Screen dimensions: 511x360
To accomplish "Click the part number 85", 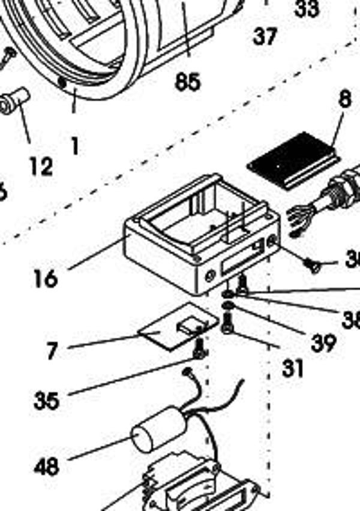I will pos(187,81).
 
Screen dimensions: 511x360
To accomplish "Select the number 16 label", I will pos(46,278).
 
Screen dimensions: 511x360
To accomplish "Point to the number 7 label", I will pos(53,351).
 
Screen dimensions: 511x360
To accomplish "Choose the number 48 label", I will pos(47,466).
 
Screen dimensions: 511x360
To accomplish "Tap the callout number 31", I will pos(293,368).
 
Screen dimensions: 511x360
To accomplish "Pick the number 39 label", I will pos(323,342).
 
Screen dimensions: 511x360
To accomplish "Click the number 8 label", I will pos(344,100).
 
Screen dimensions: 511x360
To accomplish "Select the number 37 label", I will pos(265,37).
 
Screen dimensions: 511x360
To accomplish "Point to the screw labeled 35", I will pos(199,348).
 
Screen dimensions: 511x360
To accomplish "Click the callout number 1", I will pos(74,146).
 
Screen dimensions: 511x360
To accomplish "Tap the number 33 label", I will pos(307,8).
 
